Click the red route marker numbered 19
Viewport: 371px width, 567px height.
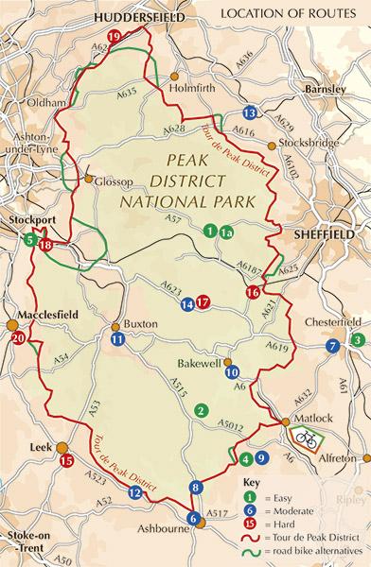click(x=115, y=36)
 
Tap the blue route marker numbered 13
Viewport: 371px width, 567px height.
click(x=249, y=112)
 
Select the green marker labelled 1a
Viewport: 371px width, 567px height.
click(x=226, y=230)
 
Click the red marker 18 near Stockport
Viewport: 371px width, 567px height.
click(x=45, y=245)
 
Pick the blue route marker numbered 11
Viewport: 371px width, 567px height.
click(x=116, y=338)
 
